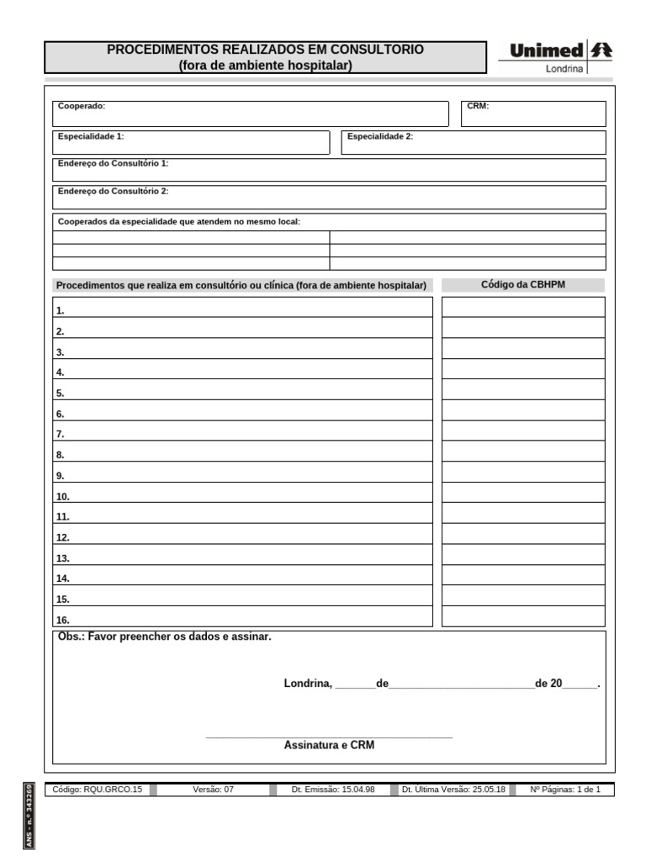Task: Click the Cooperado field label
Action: point(82,107)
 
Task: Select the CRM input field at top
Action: point(533,114)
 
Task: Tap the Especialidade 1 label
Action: point(91,136)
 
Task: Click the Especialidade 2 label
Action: point(380,136)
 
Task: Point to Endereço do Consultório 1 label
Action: point(113,163)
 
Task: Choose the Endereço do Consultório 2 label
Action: point(113,191)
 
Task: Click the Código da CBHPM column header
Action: point(523,285)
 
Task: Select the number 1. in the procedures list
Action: point(61,310)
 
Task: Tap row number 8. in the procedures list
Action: point(61,455)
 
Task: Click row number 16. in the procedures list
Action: point(63,621)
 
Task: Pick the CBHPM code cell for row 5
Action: point(523,389)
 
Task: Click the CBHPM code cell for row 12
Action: point(523,534)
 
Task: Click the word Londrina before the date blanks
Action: point(308,684)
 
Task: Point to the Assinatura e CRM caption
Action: point(329,745)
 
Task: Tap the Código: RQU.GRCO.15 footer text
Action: point(98,790)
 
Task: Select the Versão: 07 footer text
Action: point(213,790)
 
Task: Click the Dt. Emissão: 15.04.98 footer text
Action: point(333,790)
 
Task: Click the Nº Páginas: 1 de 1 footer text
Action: point(565,790)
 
